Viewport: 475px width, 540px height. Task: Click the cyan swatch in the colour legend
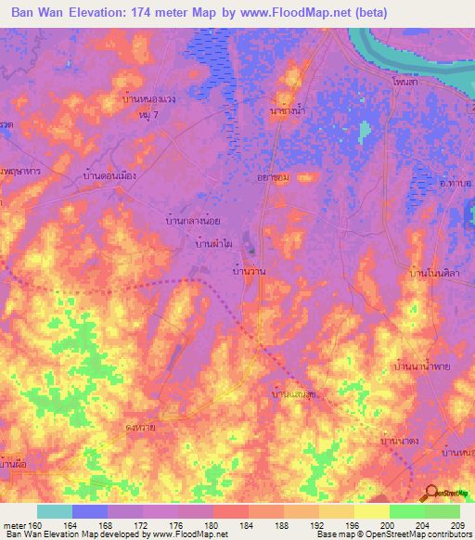coord(55,511)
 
